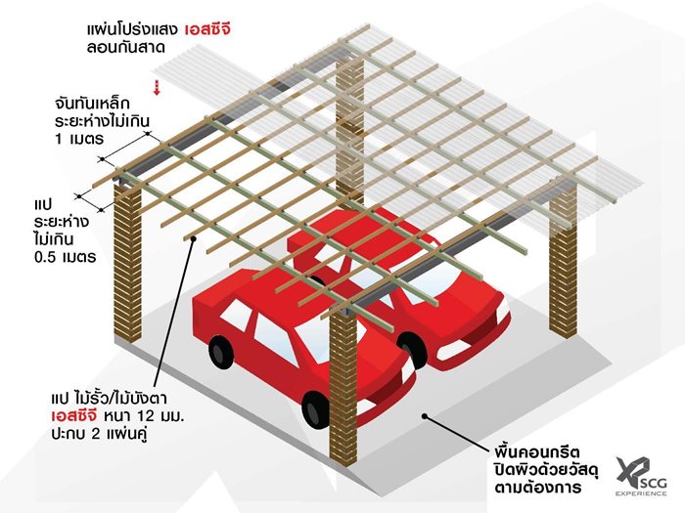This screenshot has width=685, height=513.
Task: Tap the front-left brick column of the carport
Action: (x=127, y=244)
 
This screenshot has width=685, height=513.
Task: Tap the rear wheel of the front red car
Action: (x=222, y=351)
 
